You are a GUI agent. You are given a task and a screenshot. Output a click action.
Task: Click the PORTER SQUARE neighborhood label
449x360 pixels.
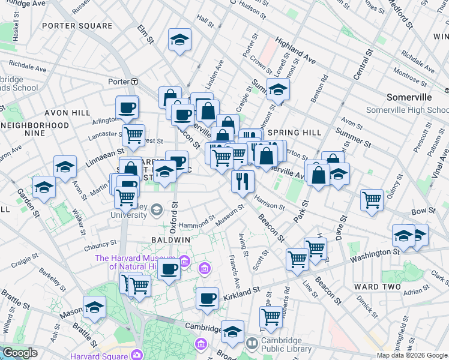tap(77, 26)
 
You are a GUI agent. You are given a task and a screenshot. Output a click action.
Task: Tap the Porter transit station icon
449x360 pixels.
tap(136, 81)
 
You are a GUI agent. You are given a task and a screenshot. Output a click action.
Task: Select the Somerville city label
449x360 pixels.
tap(409, 97)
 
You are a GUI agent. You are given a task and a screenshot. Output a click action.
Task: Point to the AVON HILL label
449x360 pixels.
tap(68, 113)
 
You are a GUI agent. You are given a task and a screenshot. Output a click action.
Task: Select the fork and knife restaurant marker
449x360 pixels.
tap(243, 181)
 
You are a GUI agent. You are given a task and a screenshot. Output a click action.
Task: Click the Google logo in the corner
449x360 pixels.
tap(20, 353)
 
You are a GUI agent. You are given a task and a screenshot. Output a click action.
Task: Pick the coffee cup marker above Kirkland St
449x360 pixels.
tap(208, 298)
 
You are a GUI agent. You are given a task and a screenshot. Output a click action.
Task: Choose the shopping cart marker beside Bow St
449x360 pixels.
tap(372, 200)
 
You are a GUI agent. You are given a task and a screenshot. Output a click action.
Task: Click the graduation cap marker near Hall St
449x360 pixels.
tap(179, 40)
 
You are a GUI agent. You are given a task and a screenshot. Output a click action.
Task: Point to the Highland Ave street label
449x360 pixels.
tap(295, 50)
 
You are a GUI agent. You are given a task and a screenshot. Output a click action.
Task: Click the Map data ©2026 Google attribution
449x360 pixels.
tap(411, 355)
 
